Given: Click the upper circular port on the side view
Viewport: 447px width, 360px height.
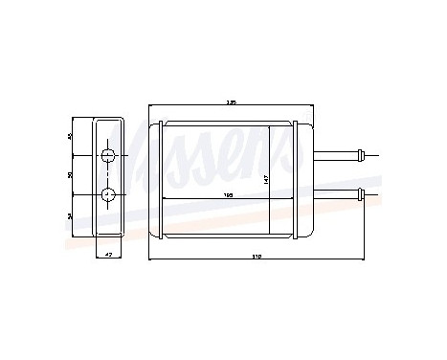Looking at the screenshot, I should click(108, 156).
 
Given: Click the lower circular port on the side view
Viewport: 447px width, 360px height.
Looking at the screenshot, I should click(108, 195).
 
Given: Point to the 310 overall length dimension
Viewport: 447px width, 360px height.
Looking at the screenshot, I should click(257, 258).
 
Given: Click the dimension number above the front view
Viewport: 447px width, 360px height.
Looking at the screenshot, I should click(231, 101).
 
